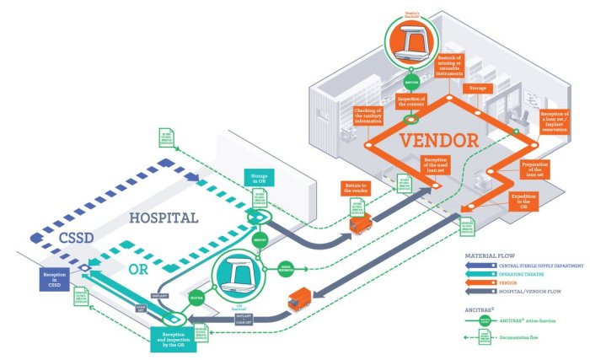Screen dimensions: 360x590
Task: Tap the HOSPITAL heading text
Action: coord(164,218)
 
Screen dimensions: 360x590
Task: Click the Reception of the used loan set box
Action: coord(441,164)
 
